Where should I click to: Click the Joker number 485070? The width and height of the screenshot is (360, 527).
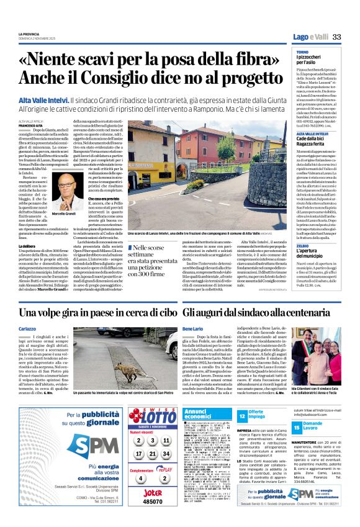[x=153, y=500]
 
